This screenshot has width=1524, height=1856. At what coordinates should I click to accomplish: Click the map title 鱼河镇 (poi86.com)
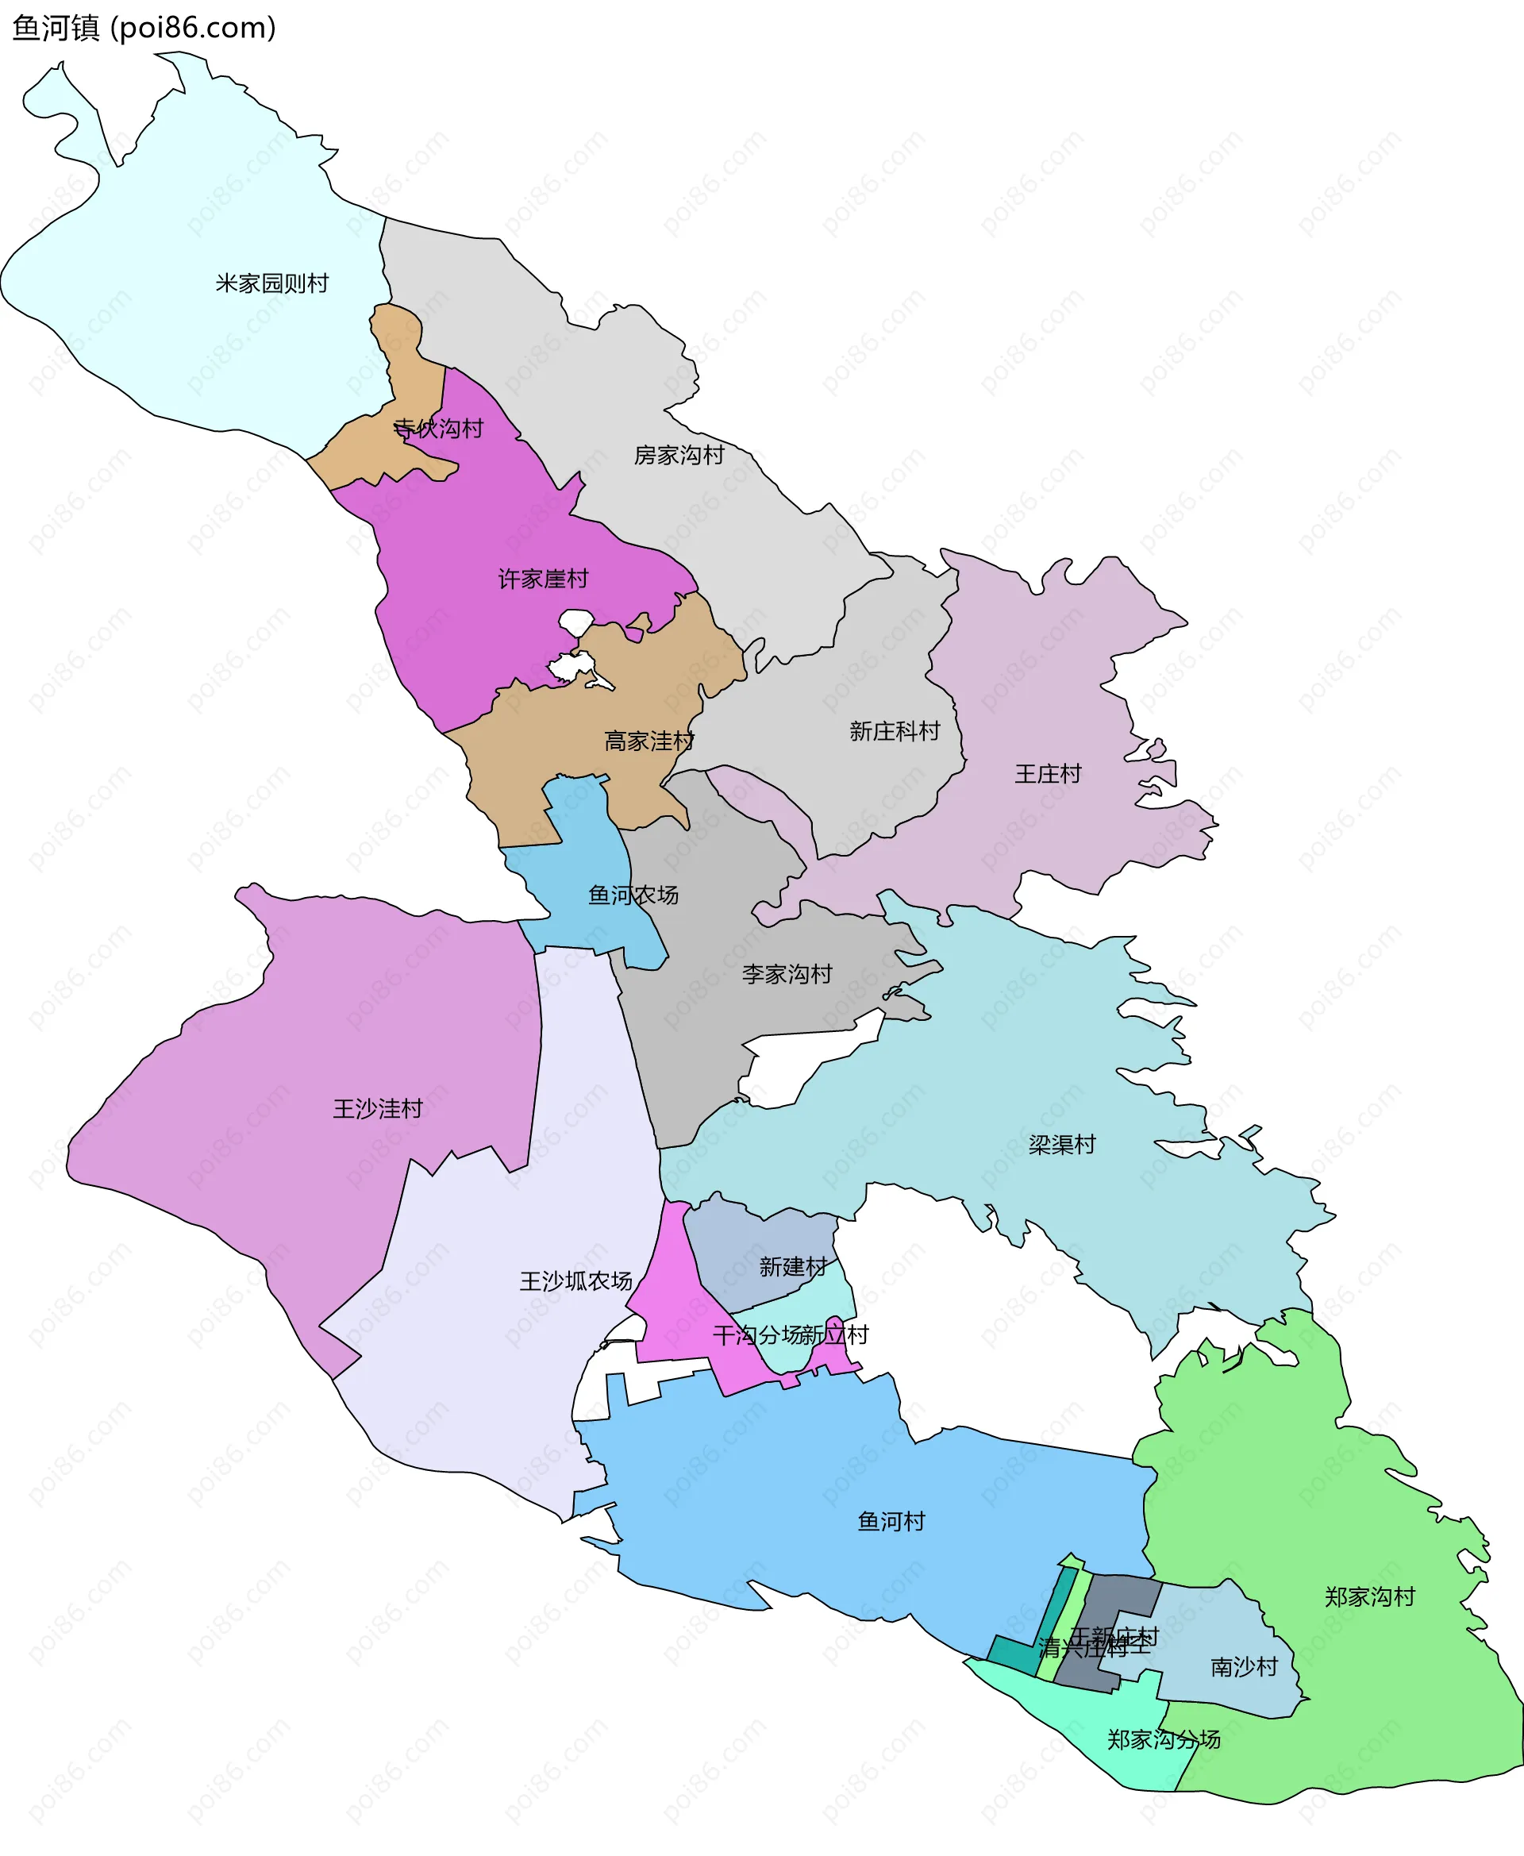[x=144, y=28]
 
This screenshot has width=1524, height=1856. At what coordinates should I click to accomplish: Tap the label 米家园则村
[x=272, y=283]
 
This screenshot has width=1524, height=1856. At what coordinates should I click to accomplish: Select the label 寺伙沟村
[x=438, y=429]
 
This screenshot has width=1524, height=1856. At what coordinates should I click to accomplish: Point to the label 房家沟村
[x=679, y=455]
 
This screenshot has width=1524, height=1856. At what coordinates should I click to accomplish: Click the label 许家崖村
[x=543, y=579]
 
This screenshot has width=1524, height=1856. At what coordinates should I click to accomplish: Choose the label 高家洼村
[x=648, y=741]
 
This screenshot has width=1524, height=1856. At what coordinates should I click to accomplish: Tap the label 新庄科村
[x=894, y=730]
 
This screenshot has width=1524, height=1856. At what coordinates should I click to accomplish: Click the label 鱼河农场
[x=632, y=895]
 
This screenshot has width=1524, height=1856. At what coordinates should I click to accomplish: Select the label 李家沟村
[x=787, y=974]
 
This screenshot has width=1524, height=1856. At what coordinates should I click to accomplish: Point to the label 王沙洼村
[x=378, y=1109]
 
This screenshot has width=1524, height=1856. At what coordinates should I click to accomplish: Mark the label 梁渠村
[x=1061, y=1145]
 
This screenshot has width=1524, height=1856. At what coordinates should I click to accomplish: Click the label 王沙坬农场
[x=576, y=1281]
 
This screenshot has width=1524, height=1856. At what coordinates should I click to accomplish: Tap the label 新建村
[x=793, y=1267]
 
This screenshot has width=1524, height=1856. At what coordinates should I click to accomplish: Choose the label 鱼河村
[x=891, y=1522]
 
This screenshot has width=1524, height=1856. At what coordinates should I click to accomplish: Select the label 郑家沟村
[x=1369, y=1596]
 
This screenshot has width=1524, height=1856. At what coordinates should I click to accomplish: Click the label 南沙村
[x=1243, y=1666]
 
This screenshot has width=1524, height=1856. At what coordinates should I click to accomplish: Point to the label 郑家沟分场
[x=1163, y=1739]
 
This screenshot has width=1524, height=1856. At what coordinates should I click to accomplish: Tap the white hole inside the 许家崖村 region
[x=576, y=622]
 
